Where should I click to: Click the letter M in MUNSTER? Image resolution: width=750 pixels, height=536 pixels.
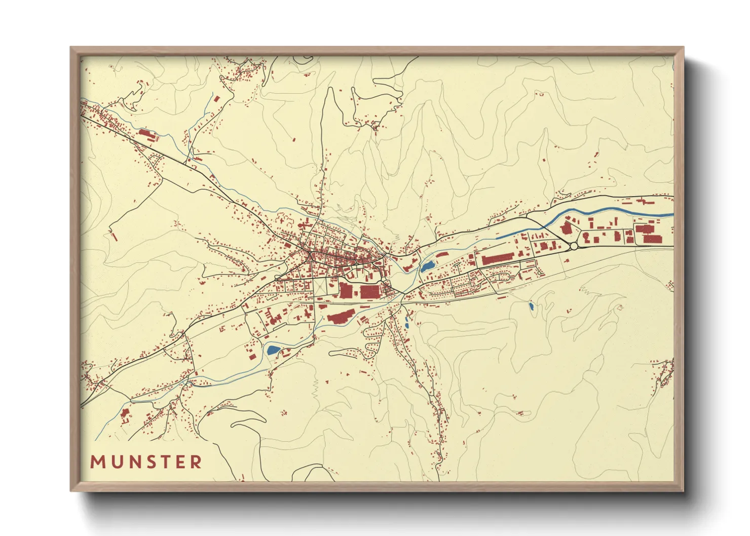pyautogui.click(x=97, y=462)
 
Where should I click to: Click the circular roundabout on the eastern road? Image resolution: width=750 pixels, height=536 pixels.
pyautogui.click(x=574, y=246)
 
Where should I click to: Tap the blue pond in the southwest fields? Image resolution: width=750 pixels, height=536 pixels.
pyautogui.click(x=273, y=349)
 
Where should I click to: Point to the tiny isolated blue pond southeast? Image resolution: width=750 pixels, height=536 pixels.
pyautogui.click(x=531, y=306)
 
